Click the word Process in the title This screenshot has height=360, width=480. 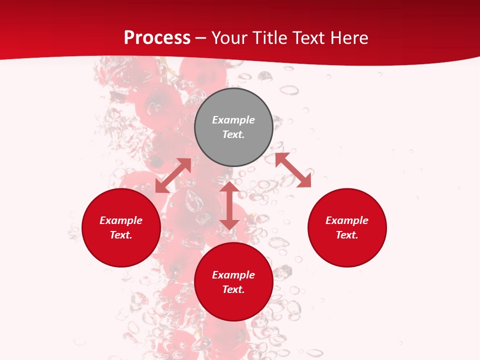pyautogui.click(x=157, y=38)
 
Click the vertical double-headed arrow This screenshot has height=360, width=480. pyautogui.click(x=229, y=205)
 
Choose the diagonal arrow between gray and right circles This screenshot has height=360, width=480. pyautogui.click(x=293, y=170)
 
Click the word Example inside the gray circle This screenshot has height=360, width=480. pyautogui.click(x=233, y=120)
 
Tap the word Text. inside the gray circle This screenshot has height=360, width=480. pyautogui.click(x=233, y=134)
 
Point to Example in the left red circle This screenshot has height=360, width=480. pyautogui.click(x=121, y=220)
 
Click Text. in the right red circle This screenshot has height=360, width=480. pyautogui.click(x=347, y=235)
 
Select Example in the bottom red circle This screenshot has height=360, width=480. pyautogui.click(x=233, y=275)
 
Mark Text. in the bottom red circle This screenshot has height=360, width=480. pyautogui.click(x=233, y=289)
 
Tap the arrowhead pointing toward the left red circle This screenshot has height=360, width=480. pyautogui.click(x=161, y=187)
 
